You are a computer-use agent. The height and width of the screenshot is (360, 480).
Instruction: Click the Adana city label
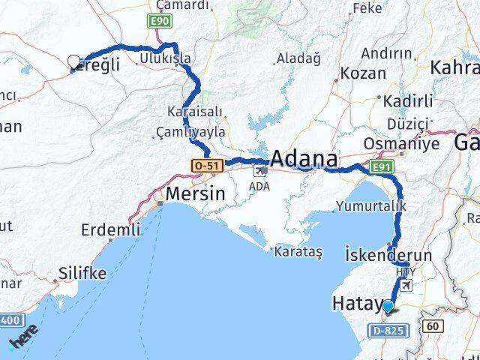coord(303,158)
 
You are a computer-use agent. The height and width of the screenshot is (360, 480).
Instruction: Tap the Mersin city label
coord(195,193)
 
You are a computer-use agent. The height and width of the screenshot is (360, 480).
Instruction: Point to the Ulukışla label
coord(165,58)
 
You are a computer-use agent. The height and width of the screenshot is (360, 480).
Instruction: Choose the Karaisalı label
coord(195,111)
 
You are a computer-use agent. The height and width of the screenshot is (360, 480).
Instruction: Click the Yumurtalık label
coord(371,205)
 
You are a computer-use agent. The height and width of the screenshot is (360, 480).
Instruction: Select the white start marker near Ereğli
coord(73,61)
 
